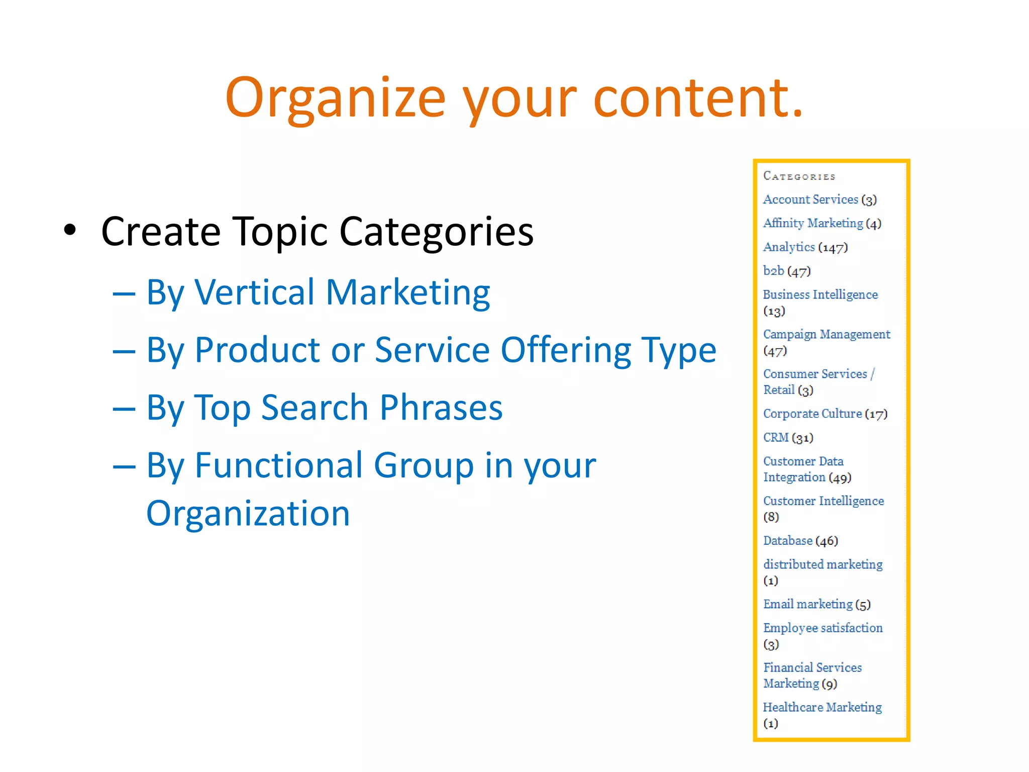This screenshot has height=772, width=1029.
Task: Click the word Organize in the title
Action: pos(335,98)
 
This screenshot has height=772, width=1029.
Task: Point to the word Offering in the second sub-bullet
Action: pos(565,350)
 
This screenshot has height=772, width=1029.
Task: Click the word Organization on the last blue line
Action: pos(248,513)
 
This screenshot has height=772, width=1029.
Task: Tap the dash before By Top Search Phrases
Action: pos(124,409)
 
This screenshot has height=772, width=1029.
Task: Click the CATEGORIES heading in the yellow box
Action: pos(799,176)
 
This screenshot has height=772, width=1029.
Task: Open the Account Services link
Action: pos(810,200)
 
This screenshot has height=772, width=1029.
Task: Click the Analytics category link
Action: pos(788,247)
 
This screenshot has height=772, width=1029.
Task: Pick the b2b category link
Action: pos(773,271)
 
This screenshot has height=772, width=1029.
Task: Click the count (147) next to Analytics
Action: pos(833,247)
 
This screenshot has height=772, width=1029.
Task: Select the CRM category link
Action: pos(776,437)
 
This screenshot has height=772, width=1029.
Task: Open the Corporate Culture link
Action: pos(812,414)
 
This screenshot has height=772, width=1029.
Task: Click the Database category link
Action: pos(787,541)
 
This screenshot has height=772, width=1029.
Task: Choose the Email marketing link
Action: pos(807,604)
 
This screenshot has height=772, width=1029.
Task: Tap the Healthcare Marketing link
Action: pos(822,707)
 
